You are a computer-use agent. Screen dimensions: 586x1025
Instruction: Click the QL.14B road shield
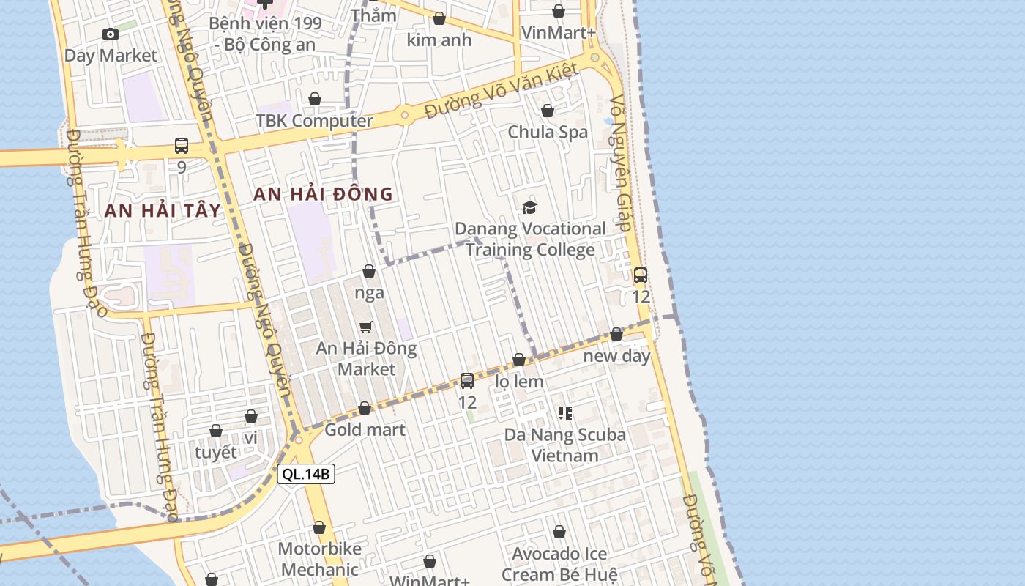click(307, 474)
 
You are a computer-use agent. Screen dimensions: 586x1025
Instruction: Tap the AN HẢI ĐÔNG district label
click(323, 194)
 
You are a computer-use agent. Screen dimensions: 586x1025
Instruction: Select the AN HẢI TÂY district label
click(163, 210)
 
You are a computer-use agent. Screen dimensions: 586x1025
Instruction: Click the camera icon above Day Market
click(111, 34)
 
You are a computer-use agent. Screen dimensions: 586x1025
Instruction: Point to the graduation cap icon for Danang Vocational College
click(529, 208)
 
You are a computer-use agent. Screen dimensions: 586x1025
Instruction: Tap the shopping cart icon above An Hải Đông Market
click(365, 327)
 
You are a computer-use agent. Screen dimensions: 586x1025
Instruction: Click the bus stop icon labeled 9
click(182, 146)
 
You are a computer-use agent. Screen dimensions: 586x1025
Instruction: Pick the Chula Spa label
click(548, 133)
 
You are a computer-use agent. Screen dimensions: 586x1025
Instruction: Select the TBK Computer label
click(314, 121)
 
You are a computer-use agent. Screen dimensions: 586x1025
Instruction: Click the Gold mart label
click(365, 429)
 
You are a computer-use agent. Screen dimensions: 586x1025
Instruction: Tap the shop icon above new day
click(616, 334)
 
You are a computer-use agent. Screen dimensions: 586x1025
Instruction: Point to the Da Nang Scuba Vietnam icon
click(564, 413)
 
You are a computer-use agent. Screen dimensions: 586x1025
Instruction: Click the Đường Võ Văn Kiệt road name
click(502, 92)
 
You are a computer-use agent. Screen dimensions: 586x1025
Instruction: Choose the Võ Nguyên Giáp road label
click(620, 163)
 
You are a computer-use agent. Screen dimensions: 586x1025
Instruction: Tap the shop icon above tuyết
click(216, 431)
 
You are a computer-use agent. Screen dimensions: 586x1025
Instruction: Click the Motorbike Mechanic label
click(319, 559)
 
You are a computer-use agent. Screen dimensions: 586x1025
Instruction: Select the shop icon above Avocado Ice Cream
click(559, 532)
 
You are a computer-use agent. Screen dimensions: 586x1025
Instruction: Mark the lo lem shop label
click(519, 382)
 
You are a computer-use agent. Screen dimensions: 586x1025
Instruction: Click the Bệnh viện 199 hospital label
click(264, 34)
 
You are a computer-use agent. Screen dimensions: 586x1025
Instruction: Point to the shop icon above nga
click(369, 272)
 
